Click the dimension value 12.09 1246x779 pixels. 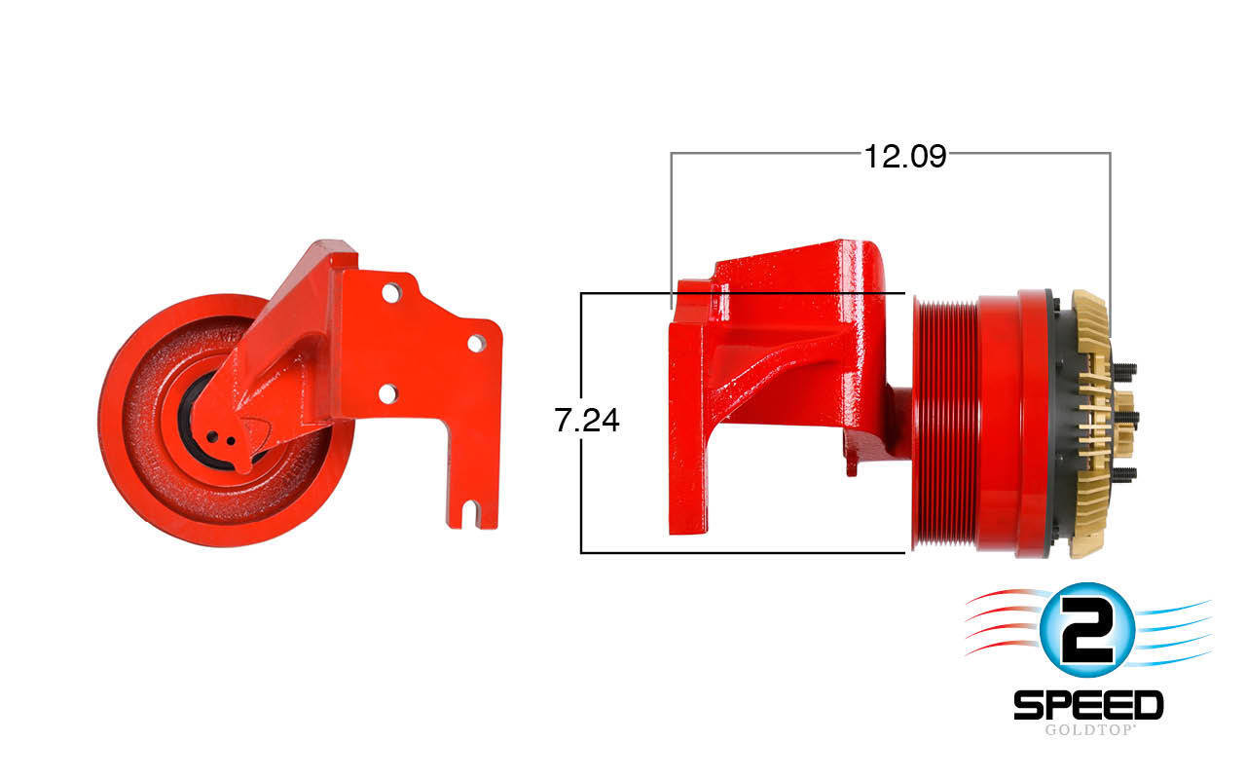coord(904,156)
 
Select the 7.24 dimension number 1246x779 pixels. coord(586,421)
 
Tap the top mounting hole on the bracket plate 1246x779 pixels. coord(389,292)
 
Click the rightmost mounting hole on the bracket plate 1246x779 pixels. coord(475,343)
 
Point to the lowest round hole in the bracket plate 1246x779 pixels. coord(387,393)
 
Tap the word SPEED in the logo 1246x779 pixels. coord(1088,704)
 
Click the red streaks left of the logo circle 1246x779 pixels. coord(1003,623)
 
